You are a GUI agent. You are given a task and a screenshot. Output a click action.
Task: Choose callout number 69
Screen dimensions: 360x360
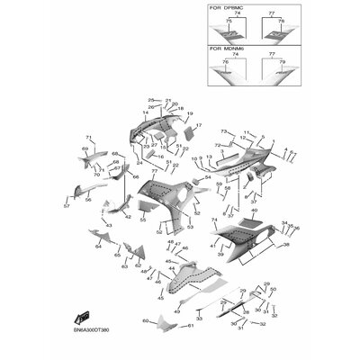pos(85,148)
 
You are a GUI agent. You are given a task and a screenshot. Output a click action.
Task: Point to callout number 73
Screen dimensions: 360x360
pos(198,132)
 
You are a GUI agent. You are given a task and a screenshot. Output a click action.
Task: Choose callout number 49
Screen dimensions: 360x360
pos(175,310)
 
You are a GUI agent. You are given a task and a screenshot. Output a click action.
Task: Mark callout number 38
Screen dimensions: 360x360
pos(287,245)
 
